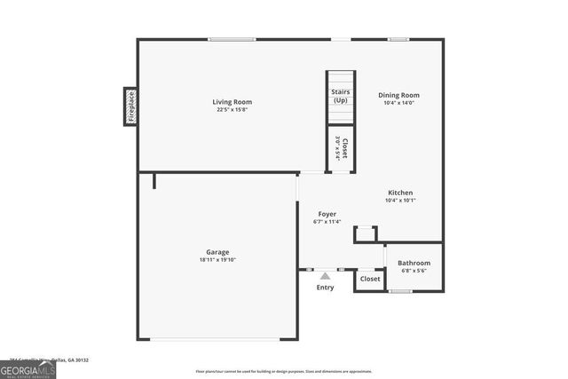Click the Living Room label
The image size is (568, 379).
[229, 102]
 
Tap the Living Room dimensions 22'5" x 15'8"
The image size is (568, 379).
[229, 110]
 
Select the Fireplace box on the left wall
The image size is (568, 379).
[130, 106]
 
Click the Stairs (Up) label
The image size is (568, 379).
[341, 96]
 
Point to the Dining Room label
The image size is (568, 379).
[398, 95]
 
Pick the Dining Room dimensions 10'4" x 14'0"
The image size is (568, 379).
[398, 103]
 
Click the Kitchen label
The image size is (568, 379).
[400, 193]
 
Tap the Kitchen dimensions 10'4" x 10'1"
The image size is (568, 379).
[400, 201]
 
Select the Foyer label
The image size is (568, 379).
[327, 214]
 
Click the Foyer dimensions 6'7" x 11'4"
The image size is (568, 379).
[327, 222]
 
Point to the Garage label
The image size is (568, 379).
[218, 252]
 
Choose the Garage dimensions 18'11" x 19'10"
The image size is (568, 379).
[218, 260]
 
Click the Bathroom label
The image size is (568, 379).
[414, 263]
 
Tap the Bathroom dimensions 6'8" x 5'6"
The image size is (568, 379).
[414, 271]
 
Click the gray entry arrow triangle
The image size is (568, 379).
[326, 276]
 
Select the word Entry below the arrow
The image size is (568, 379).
[326, 288]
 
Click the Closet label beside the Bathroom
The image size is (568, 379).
[370, 279]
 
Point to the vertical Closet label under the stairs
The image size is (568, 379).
[341, 149]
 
